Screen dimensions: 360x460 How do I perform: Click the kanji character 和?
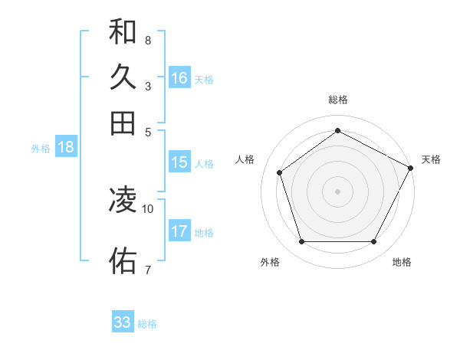click(x=123, y=32)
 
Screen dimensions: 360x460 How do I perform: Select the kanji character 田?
click(x=123, y=123)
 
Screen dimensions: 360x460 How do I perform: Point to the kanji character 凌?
click(x=123, y=200)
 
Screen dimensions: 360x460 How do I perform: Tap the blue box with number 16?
click(x=179, y=78)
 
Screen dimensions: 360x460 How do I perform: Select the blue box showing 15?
click(x=179, y=162)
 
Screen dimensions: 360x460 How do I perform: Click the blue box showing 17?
click(x=179, y=231)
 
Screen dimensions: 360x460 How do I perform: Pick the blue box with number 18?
click(x=66, y=148)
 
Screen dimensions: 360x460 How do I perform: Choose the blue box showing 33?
click(x=123, y=322)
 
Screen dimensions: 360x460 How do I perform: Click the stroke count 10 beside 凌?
click(x=148, y=208)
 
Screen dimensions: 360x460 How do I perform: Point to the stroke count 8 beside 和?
click(x=147, y=40)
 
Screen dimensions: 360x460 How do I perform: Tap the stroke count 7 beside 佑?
click(x=147, y=269)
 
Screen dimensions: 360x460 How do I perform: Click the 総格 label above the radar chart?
click(x=337, y=100)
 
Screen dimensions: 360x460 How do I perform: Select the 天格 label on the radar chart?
click(x=431, y=159)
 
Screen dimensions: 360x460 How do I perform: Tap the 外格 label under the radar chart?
click(x=270, y=262)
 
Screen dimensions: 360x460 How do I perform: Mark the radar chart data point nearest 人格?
click(x=280, y=172)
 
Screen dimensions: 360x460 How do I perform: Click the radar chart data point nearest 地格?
click(x=373, y=242)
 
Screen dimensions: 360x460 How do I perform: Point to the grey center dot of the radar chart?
click(x=337, y=191)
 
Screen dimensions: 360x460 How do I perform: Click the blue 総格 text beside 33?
click(x=147, y=324)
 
